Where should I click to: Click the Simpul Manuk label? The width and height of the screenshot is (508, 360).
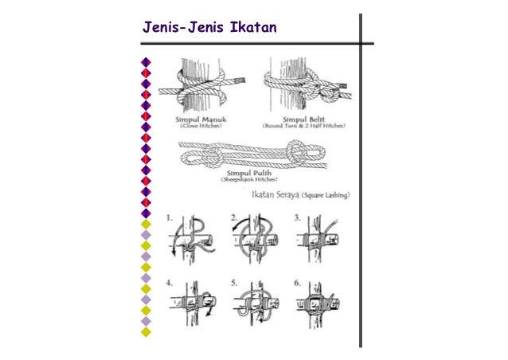(x=197, y=119)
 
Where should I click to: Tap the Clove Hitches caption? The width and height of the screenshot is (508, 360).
(x=197, y=127)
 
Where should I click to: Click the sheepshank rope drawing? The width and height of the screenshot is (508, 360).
(x=250, y=152)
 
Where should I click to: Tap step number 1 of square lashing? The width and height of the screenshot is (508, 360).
(x=170, y=217)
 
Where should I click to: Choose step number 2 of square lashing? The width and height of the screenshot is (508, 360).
(x=233, y=217)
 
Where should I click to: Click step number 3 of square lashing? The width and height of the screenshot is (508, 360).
(x=296, y=217)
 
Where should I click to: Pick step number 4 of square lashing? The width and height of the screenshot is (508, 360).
(x=170, y=281)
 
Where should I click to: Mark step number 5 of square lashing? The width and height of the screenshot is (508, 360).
(x=233, y=281)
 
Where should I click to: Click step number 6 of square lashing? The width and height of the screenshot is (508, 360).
(x=296, y=281)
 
